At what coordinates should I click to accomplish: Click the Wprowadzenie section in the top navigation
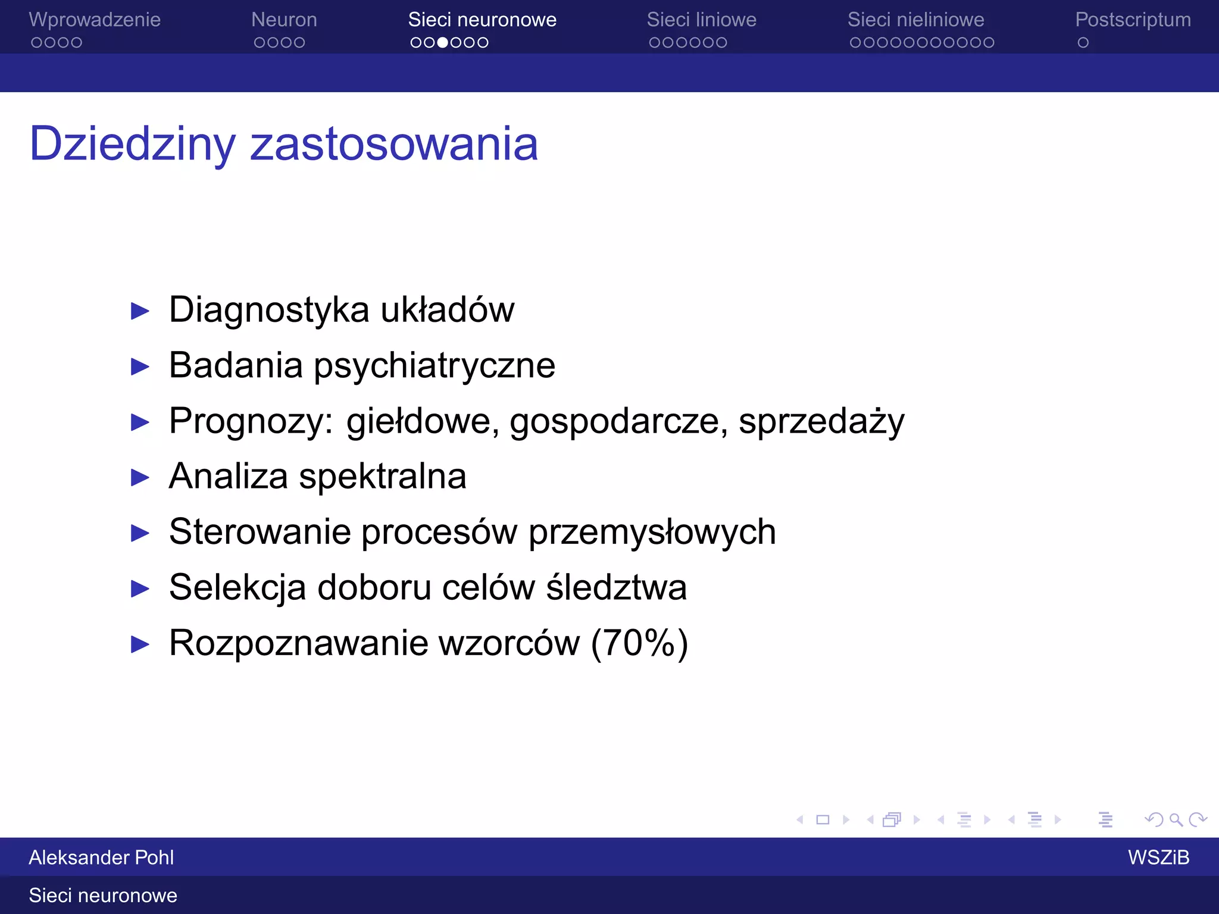tap(95, 20)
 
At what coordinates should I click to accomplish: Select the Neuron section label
tap(284, 20)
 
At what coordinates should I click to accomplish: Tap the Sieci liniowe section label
tap(701, 20)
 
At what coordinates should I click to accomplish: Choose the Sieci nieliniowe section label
tap(915, 20)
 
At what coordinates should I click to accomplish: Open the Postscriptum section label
tap(1133, 20)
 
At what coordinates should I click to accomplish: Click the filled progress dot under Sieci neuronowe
tap(442, 43)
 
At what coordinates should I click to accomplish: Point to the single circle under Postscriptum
tap(1083, 43)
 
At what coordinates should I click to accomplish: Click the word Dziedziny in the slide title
tap(133, 145)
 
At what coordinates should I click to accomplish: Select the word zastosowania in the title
tap(394, 145)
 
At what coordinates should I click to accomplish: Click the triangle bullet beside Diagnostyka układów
tap(140, 311)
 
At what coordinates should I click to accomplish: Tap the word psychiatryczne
tap(435, 366)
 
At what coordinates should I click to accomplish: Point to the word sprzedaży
tap(821, 421)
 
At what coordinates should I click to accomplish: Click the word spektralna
tap(382, 477)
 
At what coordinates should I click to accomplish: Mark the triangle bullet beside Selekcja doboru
tap(140, 589)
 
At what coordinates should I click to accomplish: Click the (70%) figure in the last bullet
tap(639, 643)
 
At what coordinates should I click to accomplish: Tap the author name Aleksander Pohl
tap(101, 857)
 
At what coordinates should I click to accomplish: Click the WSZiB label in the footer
tap(1158, 857)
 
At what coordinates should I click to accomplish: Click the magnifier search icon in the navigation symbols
tap(1176, 820)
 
